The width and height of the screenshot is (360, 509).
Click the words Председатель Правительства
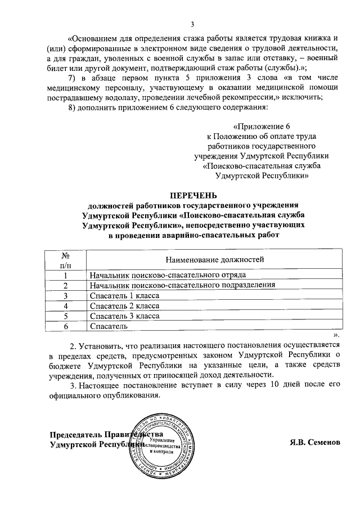coord(107,435)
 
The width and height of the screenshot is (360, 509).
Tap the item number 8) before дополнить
coord(71,107)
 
